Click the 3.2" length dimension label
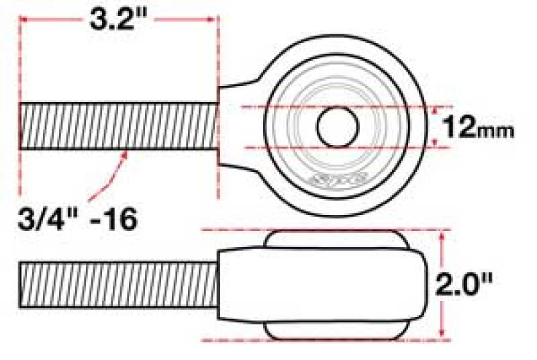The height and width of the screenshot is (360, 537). click(119, 22)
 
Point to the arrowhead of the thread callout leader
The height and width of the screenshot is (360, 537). click(126, 154)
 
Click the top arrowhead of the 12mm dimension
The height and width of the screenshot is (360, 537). click(436, 109)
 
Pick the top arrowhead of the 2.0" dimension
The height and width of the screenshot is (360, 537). click(442, 235)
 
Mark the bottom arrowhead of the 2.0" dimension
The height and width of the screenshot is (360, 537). click(442, 334)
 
